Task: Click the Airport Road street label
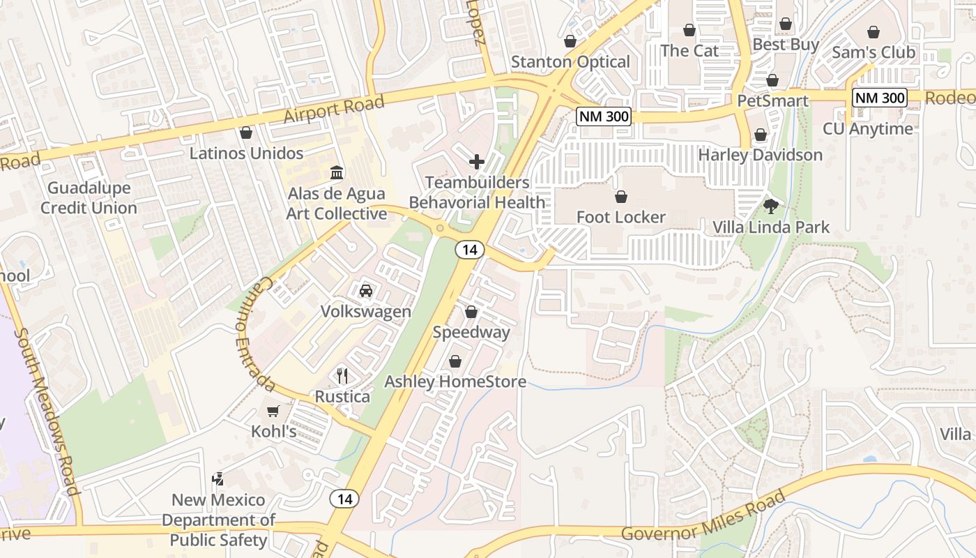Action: [333, 110]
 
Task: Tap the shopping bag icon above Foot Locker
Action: [620, 197]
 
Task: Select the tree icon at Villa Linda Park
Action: [770, 206]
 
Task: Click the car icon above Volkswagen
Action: [365, 290]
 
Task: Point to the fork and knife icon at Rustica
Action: [342, 376]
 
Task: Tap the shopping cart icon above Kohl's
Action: [273, 412]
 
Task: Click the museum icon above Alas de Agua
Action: [337, 172]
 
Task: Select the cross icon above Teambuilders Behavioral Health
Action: [477, 162]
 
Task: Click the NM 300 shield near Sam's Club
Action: [880, 98]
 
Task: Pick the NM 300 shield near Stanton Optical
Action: [604, 116]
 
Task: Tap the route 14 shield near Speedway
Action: [471, 250]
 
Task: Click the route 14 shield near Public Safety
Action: [344, 499]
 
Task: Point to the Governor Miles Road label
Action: [703, 517]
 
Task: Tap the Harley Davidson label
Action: [760, 155]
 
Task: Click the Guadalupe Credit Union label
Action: [89, 198]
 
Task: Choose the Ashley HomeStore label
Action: [455, 382]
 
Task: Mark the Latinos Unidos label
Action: [246, 153]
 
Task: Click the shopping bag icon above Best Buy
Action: [786, 24]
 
